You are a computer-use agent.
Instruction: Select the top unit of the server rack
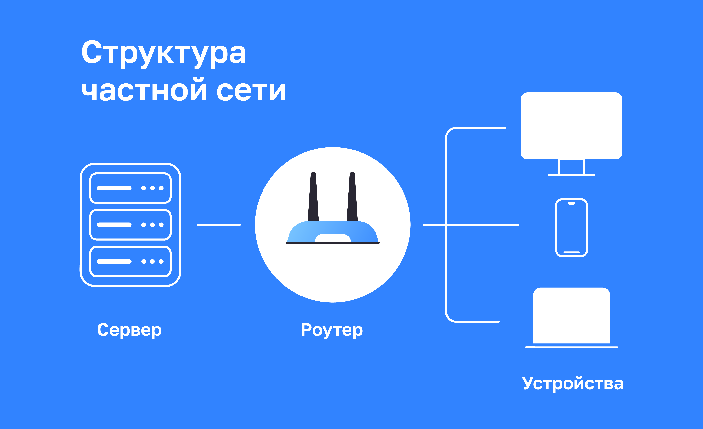coord(130,188)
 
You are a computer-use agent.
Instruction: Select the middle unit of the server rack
coord(130,225)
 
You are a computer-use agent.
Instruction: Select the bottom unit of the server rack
coord(130,261)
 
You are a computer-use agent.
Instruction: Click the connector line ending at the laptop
coord(479,322)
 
